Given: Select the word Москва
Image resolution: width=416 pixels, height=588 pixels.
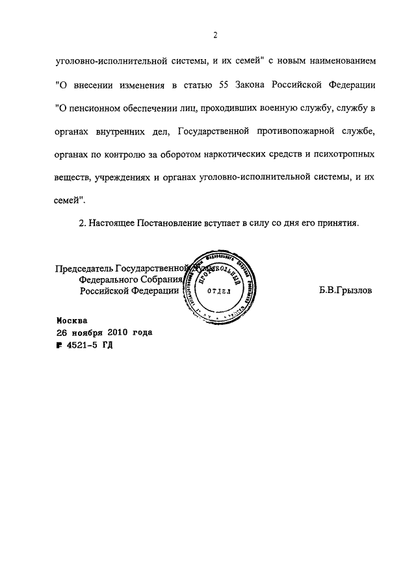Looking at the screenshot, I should pyautogui.click(x=71, y=320).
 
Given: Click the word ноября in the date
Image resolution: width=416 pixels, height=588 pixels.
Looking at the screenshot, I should pyautogui.click(x=84, y=333).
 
